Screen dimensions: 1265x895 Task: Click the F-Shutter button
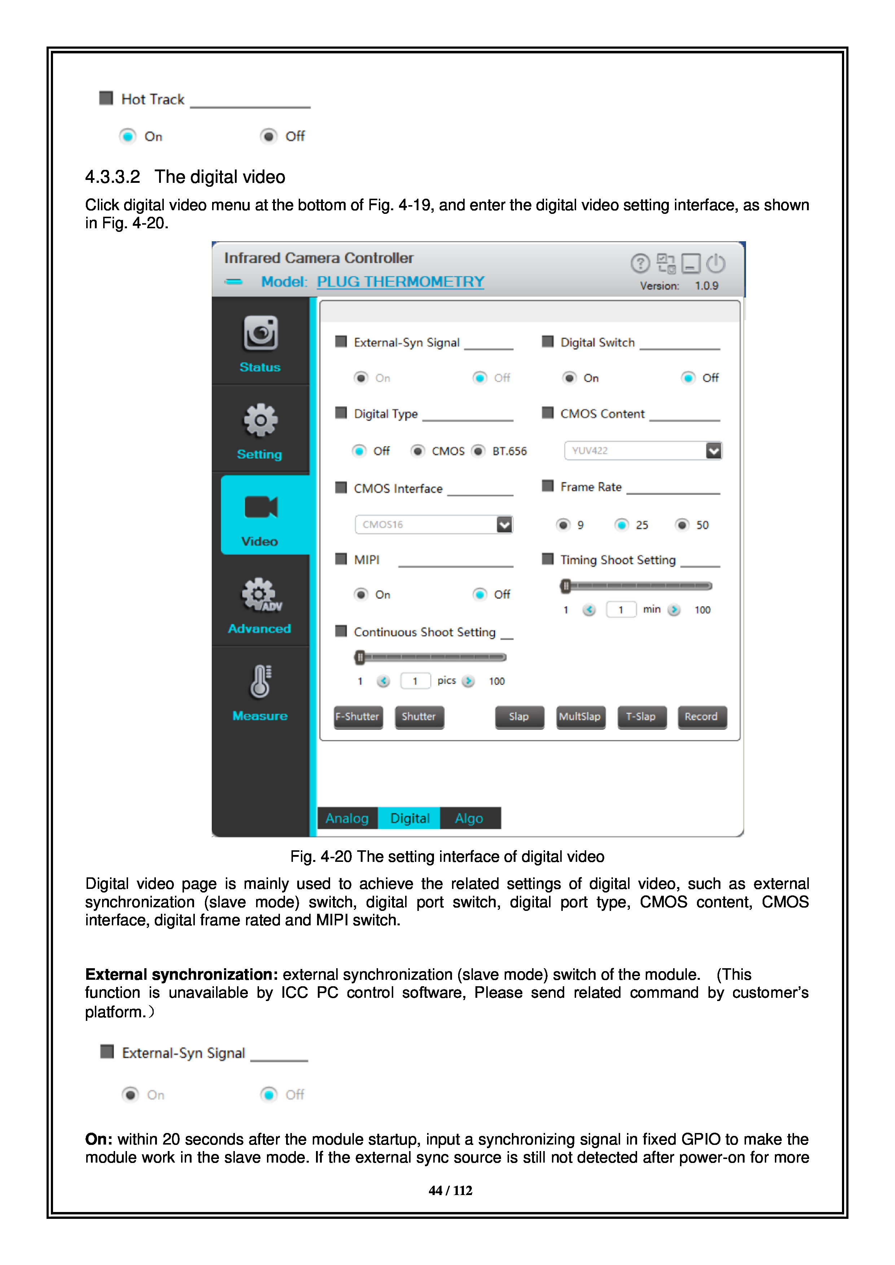point(358,717)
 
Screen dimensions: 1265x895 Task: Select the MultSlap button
point(580,717)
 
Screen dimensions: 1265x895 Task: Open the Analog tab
point(347,818)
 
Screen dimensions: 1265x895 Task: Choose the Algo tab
point(469,818)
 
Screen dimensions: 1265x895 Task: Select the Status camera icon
point(260,333)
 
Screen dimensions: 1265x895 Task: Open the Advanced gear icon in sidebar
point(260,595)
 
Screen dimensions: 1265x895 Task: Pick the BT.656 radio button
point(478,451)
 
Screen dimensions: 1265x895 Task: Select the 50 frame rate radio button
point(682,525)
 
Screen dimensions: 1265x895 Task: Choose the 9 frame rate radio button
point(563,525)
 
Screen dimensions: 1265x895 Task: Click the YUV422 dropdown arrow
point(714,451)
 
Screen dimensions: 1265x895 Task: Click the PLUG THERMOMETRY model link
point(401,282)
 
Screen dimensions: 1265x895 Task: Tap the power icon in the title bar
point(716,264)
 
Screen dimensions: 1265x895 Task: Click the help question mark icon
point(640,264)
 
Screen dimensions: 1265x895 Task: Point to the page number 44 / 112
point(450,1191)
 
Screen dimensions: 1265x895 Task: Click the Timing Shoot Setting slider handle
point(565,586)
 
